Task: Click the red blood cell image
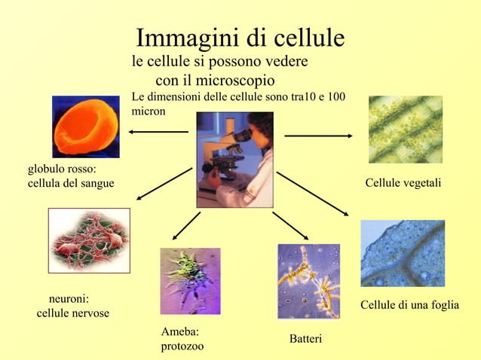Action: click(85, 126)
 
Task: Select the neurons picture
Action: click(89, 240)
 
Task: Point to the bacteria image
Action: click(308, 280)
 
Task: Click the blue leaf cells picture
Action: click(403, 253)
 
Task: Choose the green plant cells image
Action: click(405, 130)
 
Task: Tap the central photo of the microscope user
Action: click(234, 159)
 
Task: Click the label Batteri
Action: click(305, 340)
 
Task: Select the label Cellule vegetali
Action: click(403, 184)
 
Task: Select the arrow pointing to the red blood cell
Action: click(158, 132)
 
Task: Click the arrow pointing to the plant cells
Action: click(318, 136)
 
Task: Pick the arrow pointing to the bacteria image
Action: click(290, 226)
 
